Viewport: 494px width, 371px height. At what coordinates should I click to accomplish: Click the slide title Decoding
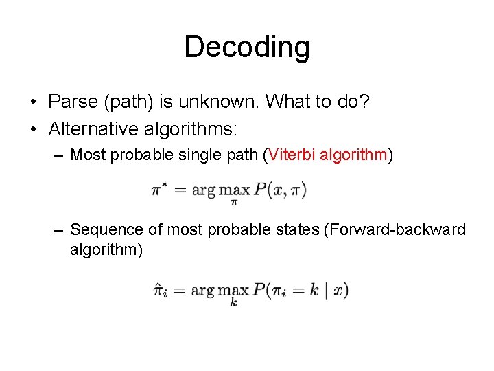pos(247,47)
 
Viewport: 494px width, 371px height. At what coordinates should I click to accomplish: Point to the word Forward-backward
pos(397,229)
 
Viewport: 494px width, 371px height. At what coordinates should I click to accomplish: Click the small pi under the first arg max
pos(233,202)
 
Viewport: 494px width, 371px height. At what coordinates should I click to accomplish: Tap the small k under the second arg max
pos(233,303)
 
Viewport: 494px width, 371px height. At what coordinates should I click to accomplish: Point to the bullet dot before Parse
pos(33,103)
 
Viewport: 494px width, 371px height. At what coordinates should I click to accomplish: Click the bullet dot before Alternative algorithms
pos(33,128)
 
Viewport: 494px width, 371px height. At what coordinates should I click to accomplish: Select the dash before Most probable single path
pos(60,155)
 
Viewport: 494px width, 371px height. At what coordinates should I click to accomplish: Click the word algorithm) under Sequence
pos(106,249)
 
